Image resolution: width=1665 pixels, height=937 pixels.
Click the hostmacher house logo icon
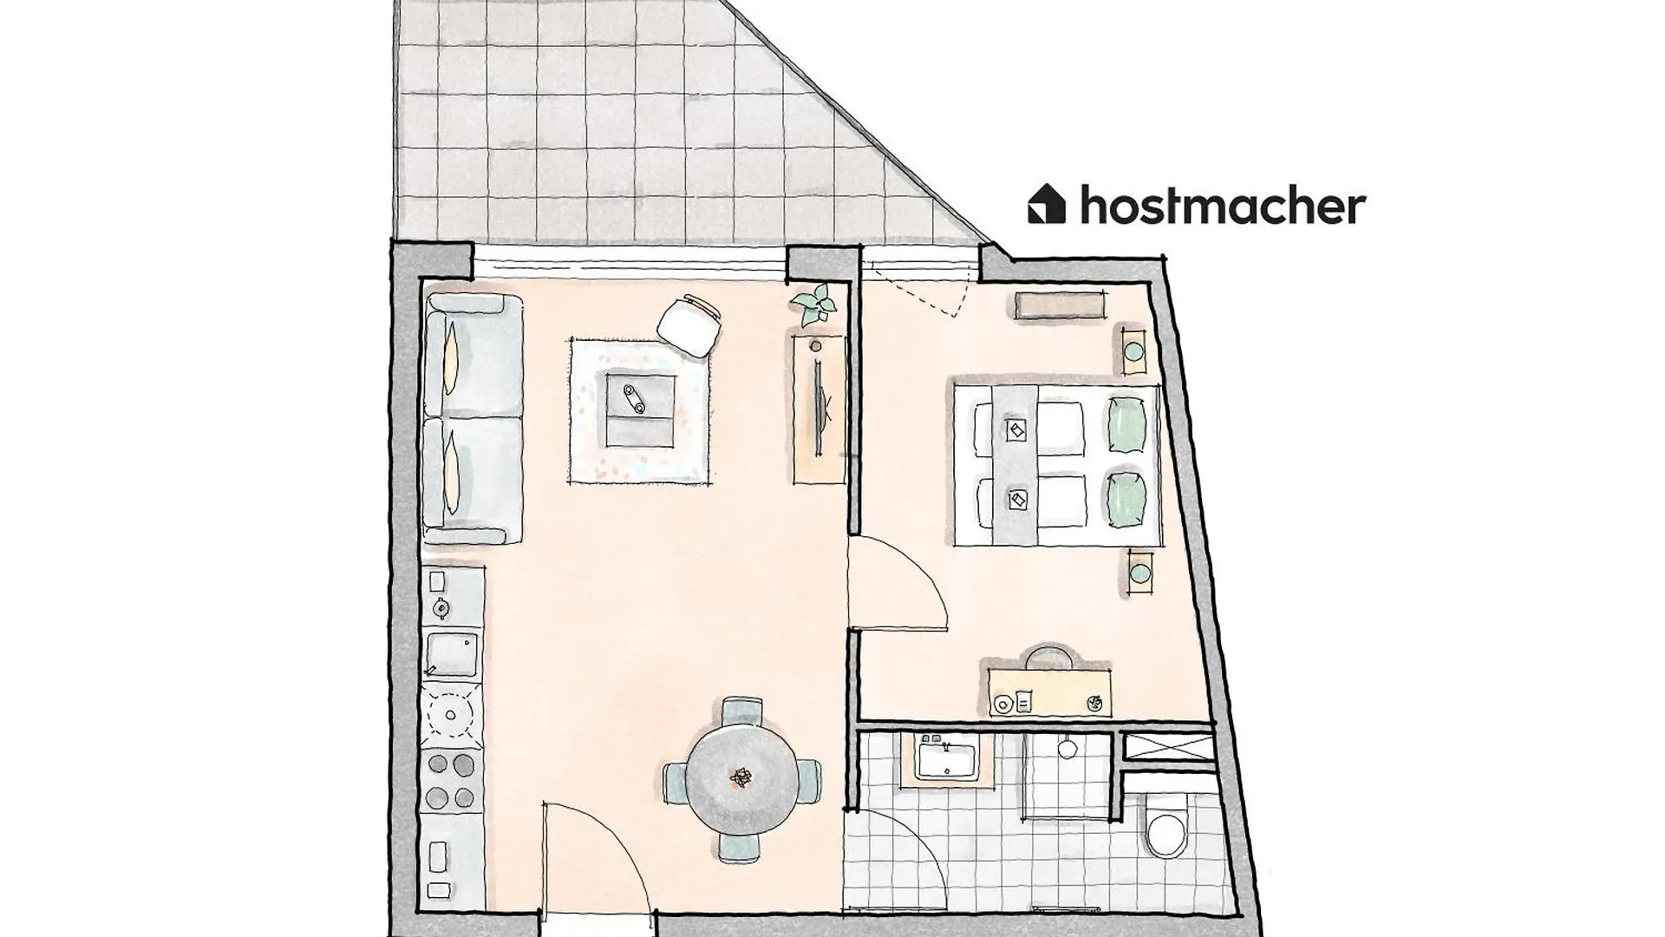tap(1047, 204)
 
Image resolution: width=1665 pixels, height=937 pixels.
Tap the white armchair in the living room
tap(689, 325)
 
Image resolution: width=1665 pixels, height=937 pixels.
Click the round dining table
tap(742, 776)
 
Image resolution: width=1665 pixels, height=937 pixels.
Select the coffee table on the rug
tap(641, 409)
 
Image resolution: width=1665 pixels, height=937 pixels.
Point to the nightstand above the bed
tap(1133, 349)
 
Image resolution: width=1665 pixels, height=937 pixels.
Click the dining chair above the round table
tap(742, 710)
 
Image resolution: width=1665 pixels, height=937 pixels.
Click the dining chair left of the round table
tap(676, 780)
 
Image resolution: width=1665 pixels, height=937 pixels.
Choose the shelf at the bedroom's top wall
tap(1061, 306)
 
